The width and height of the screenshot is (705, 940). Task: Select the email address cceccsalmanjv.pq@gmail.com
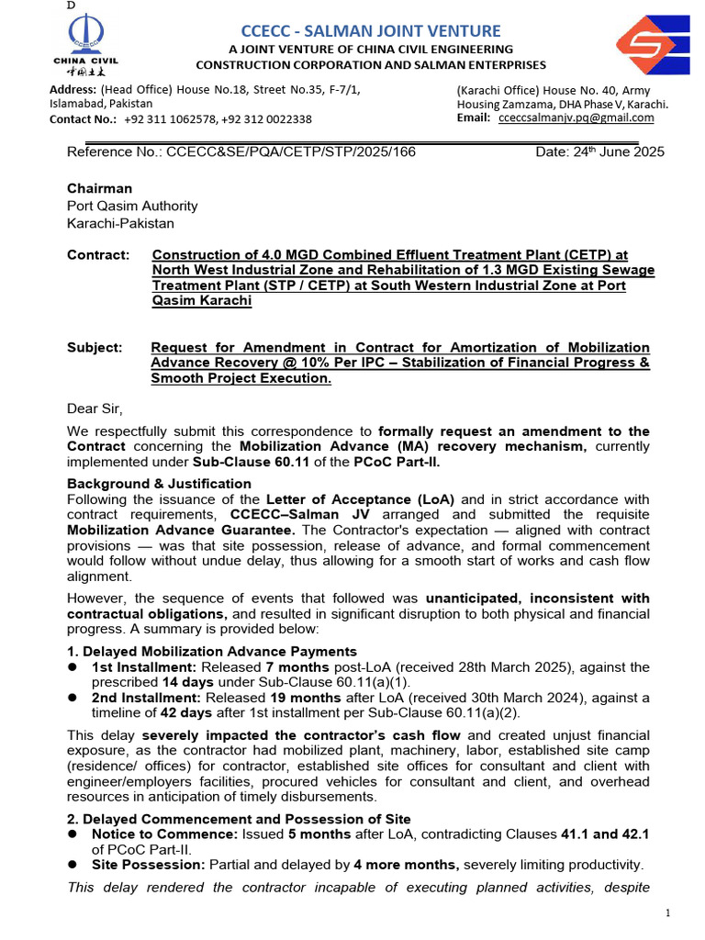(576, 118)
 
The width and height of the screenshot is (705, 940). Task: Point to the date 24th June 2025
(599, 152)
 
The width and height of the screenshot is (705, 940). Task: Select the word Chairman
(99, 188)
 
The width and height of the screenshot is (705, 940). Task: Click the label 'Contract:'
(97, 254)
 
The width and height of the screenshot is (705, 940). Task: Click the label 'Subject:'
(95, 348)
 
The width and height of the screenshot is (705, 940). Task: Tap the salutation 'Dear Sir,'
(94, 408)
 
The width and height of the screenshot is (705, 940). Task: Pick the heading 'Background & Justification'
(159, 484)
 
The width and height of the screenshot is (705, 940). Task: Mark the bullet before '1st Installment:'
(73, 667)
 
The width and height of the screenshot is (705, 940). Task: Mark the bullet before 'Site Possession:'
(73, 866)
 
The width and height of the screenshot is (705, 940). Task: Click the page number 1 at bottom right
(669, 912)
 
